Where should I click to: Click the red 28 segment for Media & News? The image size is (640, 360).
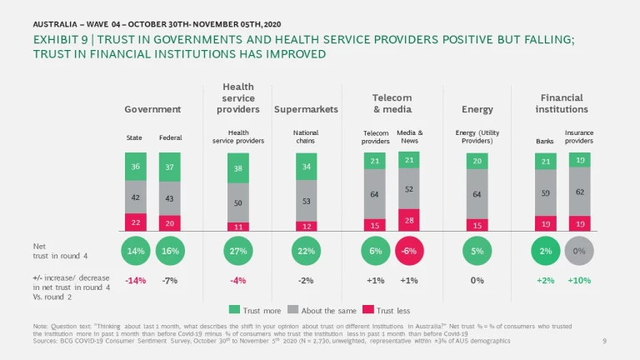pyautogui.click(x=408, y=220)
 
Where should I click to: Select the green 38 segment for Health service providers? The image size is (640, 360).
pyautogui.click(x=237, y=168)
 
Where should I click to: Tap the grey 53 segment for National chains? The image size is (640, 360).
pyautogui.click(x=306, y=201)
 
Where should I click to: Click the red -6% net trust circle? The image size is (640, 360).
pyautogui.click(x=408, y=252)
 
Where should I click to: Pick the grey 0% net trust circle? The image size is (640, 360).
pyautogui.click(x=579, y=252)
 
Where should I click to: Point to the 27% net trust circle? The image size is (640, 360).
pyautogui.click(x=237, y=252)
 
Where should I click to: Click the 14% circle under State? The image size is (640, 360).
pyautogui.click(x=135, y=252)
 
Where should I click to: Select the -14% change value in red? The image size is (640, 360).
pyautogui.click(x=135, y=281)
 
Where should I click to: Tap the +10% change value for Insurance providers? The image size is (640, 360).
pyautogui.click(x=579, y=281)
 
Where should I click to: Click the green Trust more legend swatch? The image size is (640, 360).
pyautogui.click(x=234, y=310)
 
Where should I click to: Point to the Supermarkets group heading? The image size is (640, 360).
pyautogui.click(x=306, y=109)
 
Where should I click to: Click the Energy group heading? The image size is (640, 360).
pyautogui.click(x=477, y=109)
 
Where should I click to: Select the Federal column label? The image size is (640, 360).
pyautogui.click(x=170, y=137)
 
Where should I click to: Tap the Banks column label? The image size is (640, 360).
pyautogui.click(x=545, y=141)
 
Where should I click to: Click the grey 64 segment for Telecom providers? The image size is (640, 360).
pyautogui.click(x=374, y=194)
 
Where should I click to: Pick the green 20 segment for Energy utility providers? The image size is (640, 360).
pyautogui.click(x=477, y=162)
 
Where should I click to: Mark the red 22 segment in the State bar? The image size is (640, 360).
pyautogui.click(x=135, y=222)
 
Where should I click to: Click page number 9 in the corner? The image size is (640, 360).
pyautogui.click(x=604, y=342)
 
